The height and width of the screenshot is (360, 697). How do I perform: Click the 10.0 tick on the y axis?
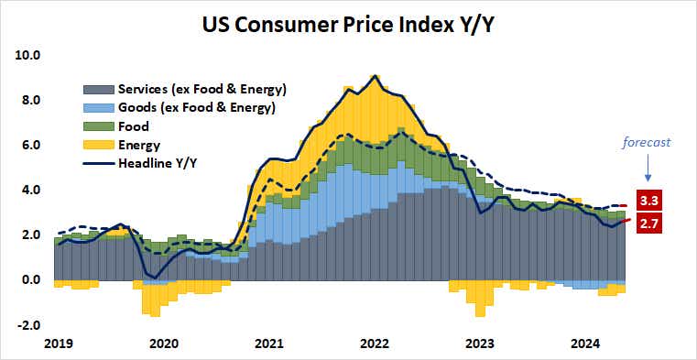28,55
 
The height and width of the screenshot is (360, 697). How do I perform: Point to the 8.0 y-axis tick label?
31,100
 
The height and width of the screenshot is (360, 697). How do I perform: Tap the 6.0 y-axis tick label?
31,145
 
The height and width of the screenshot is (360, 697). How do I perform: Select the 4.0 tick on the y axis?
31,190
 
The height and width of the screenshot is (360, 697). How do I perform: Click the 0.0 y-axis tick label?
31,279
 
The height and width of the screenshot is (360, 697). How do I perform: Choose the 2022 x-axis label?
373,344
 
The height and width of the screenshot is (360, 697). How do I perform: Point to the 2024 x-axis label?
585,344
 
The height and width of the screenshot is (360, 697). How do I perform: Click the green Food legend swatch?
98,126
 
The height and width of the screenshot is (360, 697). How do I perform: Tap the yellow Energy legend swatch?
98,145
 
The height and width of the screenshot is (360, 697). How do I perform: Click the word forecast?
647,142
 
